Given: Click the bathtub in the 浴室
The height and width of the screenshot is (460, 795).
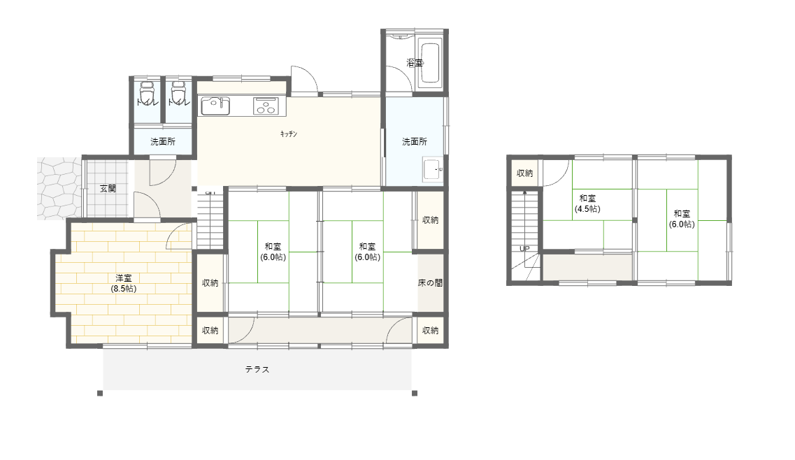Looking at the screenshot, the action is pos(431,63).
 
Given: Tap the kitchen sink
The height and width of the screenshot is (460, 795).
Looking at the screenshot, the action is pos(215,106).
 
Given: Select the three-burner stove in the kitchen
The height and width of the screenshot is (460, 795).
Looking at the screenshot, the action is pos(266,106).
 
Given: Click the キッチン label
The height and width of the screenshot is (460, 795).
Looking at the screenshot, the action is pos(289,134).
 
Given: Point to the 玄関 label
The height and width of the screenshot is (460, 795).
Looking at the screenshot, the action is pos(108,189).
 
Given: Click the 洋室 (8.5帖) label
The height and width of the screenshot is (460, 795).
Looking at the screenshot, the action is pos(124,283).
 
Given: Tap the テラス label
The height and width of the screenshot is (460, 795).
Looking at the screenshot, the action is pos(257,369).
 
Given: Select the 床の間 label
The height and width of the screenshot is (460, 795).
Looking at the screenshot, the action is pos(430,283).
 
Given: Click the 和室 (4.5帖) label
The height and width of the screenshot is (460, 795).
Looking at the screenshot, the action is pos(587,203).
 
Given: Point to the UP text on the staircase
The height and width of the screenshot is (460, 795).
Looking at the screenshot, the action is pos(524,248).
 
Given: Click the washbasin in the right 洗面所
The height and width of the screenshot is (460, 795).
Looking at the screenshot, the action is pos(433,169).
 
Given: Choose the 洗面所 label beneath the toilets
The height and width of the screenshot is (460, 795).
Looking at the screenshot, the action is pos(163,141).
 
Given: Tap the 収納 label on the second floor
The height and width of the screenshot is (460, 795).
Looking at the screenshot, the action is pos(525,173).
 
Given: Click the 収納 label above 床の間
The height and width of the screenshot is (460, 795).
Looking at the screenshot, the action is pos(431,220).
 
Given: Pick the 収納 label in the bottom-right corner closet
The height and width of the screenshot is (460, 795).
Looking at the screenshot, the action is pos(431,331).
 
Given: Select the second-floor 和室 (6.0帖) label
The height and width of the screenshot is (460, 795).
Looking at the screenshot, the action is pos(682,219).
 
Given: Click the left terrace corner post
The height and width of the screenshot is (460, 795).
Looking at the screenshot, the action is pos(100,393).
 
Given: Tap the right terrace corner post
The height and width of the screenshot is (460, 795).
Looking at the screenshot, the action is pos(414,393).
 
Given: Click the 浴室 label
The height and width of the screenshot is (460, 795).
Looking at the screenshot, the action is pos(415,63).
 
